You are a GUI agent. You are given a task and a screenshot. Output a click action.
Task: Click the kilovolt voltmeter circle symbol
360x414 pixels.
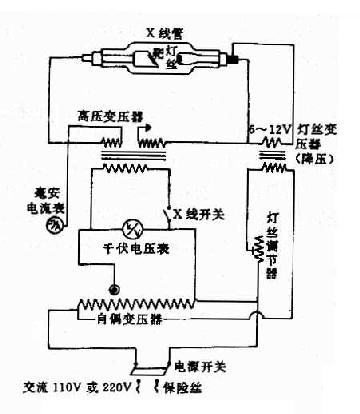[129, 227]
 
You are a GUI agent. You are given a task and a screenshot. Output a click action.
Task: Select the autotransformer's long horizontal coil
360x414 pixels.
[150, 303]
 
